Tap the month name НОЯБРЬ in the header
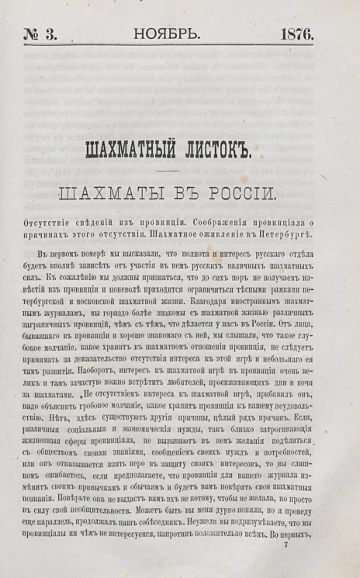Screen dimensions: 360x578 pos(167,34)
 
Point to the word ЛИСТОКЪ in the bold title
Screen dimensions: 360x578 pos(220,150)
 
